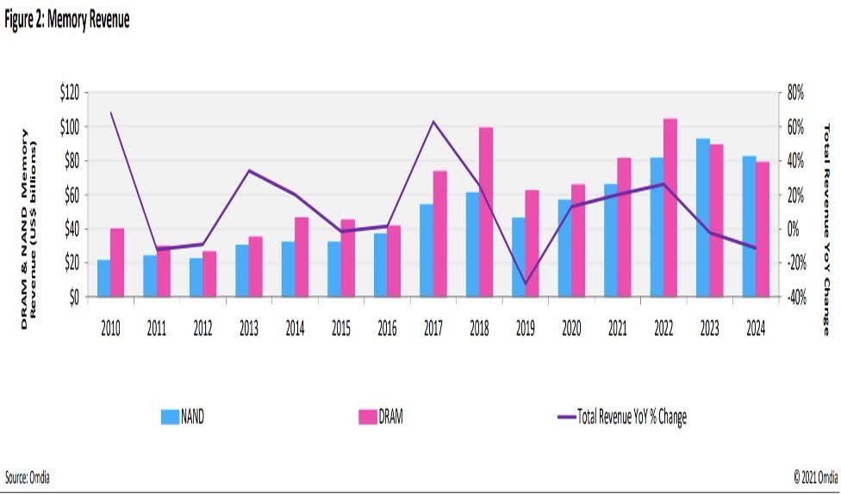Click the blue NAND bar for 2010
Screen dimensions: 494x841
[103, 278]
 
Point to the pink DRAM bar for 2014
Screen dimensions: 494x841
[302, 256]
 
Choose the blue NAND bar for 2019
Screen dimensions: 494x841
[518, 257]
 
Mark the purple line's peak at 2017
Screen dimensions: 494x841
[433, 121]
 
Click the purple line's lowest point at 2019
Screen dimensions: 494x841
[526, 283]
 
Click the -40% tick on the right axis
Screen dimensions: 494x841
[792, 297]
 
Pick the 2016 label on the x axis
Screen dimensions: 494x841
[387, 328]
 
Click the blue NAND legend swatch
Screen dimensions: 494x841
[169, 417]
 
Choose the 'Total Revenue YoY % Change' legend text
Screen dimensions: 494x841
[632, 417]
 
